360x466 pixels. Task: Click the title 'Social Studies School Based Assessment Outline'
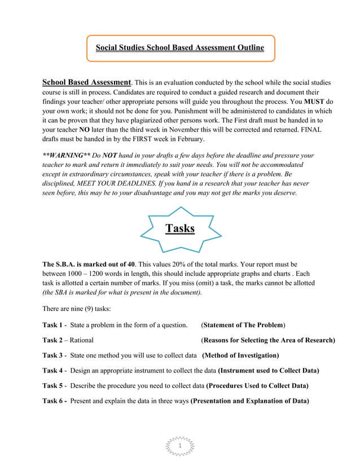[179, 47]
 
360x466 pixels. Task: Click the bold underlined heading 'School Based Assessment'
[86, 82]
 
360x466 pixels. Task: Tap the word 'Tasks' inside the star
[179, 228]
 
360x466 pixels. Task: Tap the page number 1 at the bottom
[179, 446]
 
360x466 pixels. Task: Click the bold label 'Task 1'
[52, 325]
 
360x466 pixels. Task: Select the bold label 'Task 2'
[52, 340]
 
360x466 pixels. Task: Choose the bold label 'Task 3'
[52, 355]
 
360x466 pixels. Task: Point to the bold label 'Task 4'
[52, 371]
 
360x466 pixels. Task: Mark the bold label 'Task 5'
[52, 386]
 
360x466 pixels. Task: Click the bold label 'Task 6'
[52, 401]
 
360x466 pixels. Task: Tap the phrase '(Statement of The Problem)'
[243, 325]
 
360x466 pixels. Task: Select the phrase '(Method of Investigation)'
[240, 355]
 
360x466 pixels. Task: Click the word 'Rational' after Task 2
[82, 340]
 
